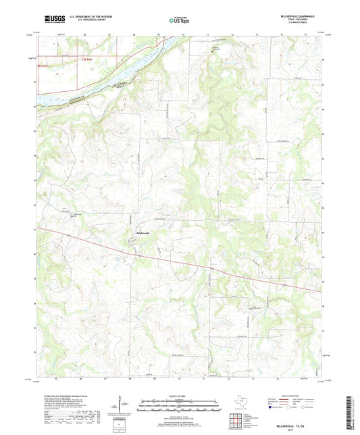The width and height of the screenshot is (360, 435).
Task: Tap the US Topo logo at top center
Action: pos(179,20)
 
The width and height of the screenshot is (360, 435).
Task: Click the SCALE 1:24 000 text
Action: pos(179,395)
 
